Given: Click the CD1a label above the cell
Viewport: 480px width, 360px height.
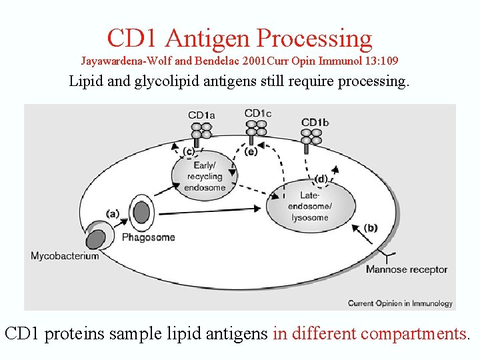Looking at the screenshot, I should point(201,115).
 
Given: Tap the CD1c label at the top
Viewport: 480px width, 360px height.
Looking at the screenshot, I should point(258,113).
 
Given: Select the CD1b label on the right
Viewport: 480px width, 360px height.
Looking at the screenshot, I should point(315,122).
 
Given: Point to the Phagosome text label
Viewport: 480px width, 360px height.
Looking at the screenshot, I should point(148,237).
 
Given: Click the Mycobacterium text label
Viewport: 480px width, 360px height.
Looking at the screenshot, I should point(65,256).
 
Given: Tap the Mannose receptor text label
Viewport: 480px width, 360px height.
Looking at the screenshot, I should point(406,269).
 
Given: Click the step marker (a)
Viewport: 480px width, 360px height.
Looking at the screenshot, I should point(113,214).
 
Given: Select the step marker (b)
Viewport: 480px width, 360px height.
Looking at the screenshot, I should point(371,228).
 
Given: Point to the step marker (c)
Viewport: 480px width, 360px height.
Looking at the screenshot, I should point(189,151).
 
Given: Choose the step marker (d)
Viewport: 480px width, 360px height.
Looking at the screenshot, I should point(321,179).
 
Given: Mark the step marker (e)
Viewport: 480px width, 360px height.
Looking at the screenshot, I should point(251,152).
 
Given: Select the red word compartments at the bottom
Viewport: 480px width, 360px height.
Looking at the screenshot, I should point(413,333).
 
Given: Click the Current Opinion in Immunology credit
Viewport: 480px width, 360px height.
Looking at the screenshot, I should point(400,303).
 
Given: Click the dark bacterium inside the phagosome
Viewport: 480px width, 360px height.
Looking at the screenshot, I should point(141,212).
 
